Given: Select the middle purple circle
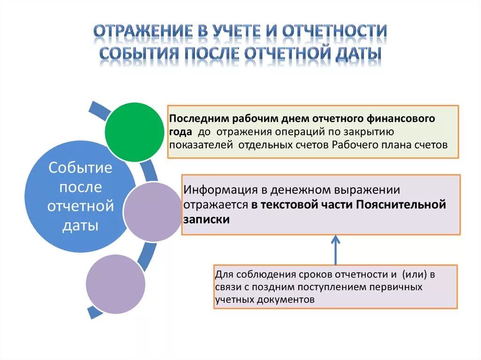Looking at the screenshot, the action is [x=152, y=212].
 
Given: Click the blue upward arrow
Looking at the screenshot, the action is [x=335, y=249].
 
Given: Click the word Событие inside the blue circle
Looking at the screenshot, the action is [x=80, y=168].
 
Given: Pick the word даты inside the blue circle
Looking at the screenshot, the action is [x=80, y=225].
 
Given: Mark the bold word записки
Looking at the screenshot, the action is [x=207, y=220].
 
